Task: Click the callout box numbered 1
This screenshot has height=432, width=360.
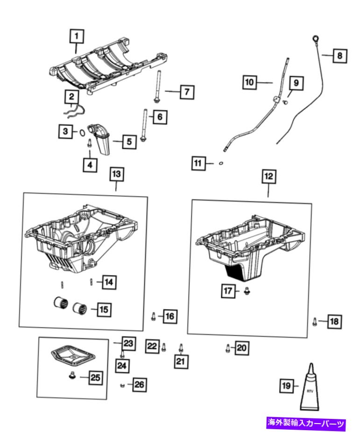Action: (78, 35)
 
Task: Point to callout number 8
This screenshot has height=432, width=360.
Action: (339, 56)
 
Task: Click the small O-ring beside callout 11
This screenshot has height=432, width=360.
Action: (221, 163)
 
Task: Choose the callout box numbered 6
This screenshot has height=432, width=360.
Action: (159, 117)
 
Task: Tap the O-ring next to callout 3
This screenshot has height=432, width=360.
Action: (82, 133)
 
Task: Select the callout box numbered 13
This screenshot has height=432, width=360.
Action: (116, 174)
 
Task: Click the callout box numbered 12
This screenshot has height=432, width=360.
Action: (268, 177)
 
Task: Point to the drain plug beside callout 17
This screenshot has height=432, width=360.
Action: (247, 290)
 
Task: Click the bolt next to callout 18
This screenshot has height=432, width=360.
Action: (315, 321)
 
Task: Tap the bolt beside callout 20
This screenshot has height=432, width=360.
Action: (227, 347)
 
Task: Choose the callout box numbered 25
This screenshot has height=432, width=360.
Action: (95, 377)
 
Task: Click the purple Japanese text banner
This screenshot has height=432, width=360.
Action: (306, 424)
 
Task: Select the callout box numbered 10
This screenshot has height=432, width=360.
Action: (250, 82)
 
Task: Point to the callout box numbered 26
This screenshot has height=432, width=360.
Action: (139, 384)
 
